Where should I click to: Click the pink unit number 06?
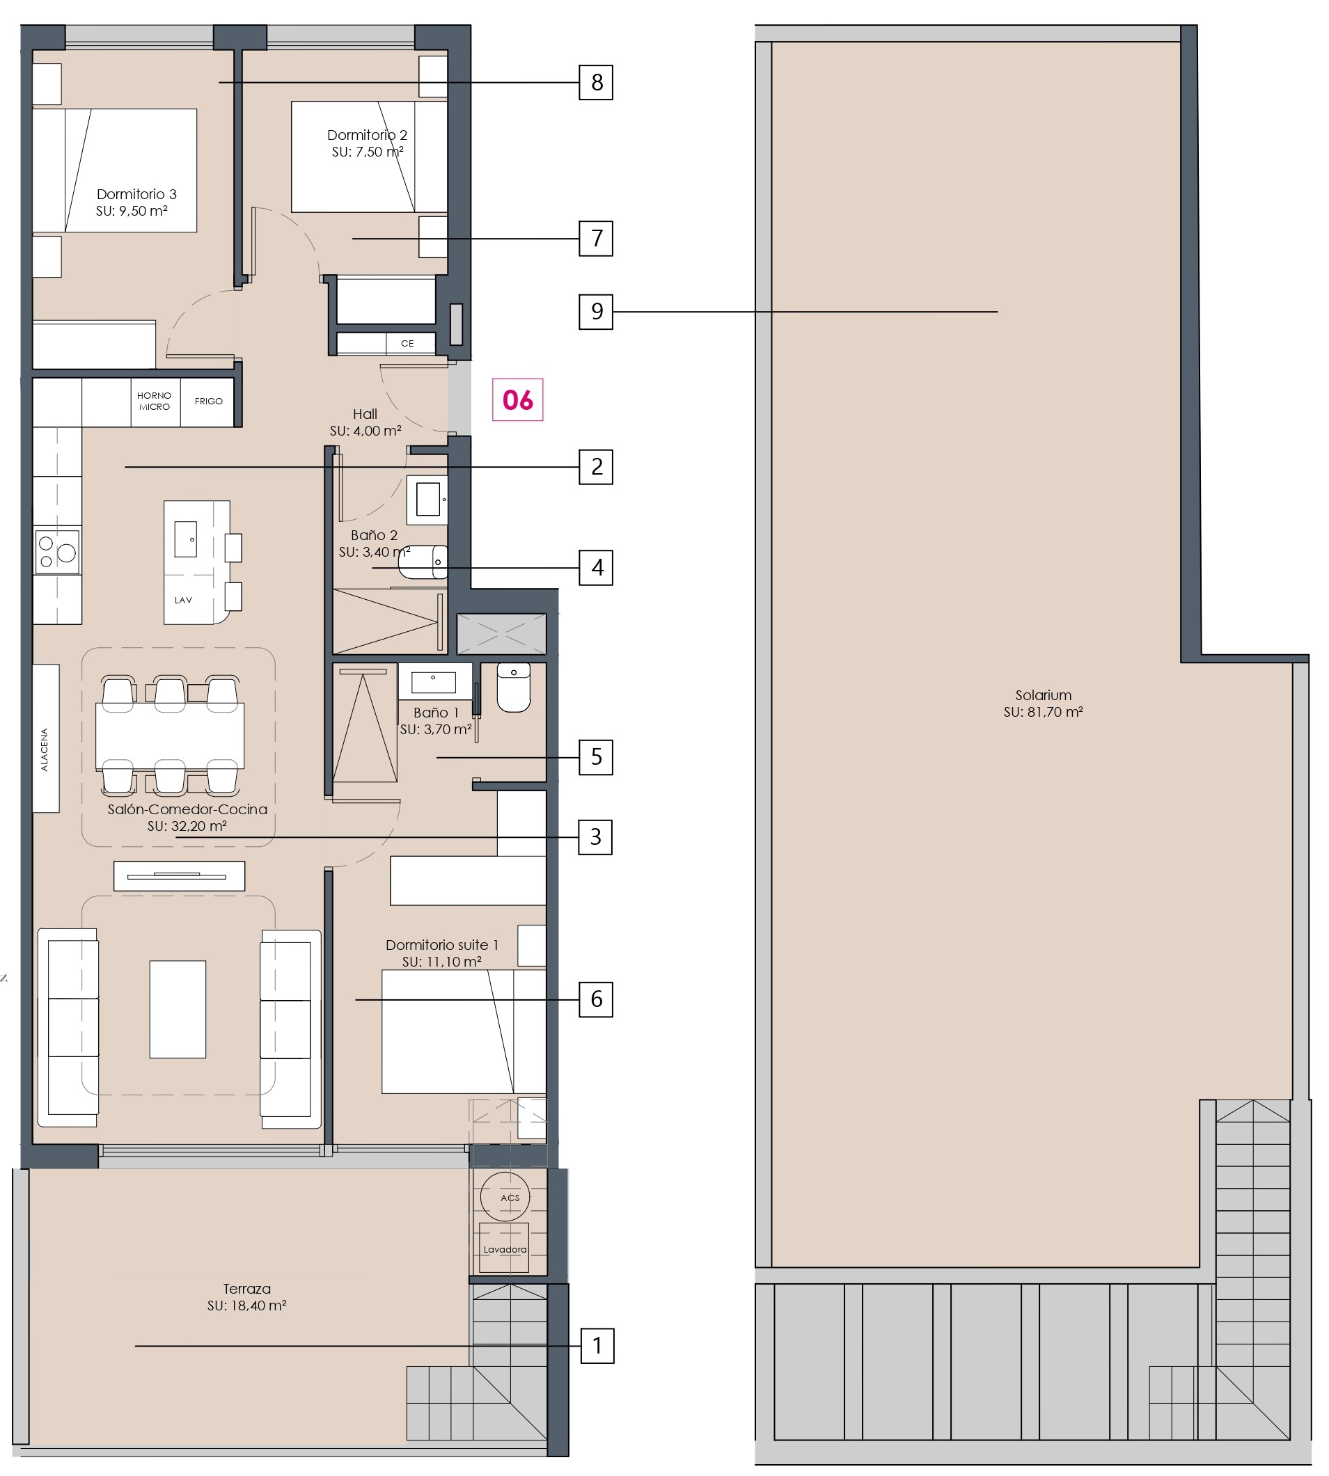click(518, 400)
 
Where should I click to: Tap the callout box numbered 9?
click(596, 312)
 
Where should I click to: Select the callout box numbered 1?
click(597, 1345)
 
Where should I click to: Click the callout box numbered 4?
click(596, 567)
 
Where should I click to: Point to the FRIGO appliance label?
click(209, 401)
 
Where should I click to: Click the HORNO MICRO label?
click(154, 401)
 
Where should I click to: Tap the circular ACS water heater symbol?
click(505, 1197)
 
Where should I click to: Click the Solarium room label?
click(1043, 695)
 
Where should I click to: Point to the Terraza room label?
click(247, 1289)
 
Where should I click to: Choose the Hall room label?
click(365, 414)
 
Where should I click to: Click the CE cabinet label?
click(407, 343)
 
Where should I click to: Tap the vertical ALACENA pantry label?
click(45, 749)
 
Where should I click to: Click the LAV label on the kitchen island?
click(183, 600)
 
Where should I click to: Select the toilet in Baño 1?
click(514, 687)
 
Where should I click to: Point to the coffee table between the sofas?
click(178, 1009)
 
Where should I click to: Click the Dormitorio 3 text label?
click(136, 194)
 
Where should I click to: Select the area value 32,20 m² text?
click(187, 826)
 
